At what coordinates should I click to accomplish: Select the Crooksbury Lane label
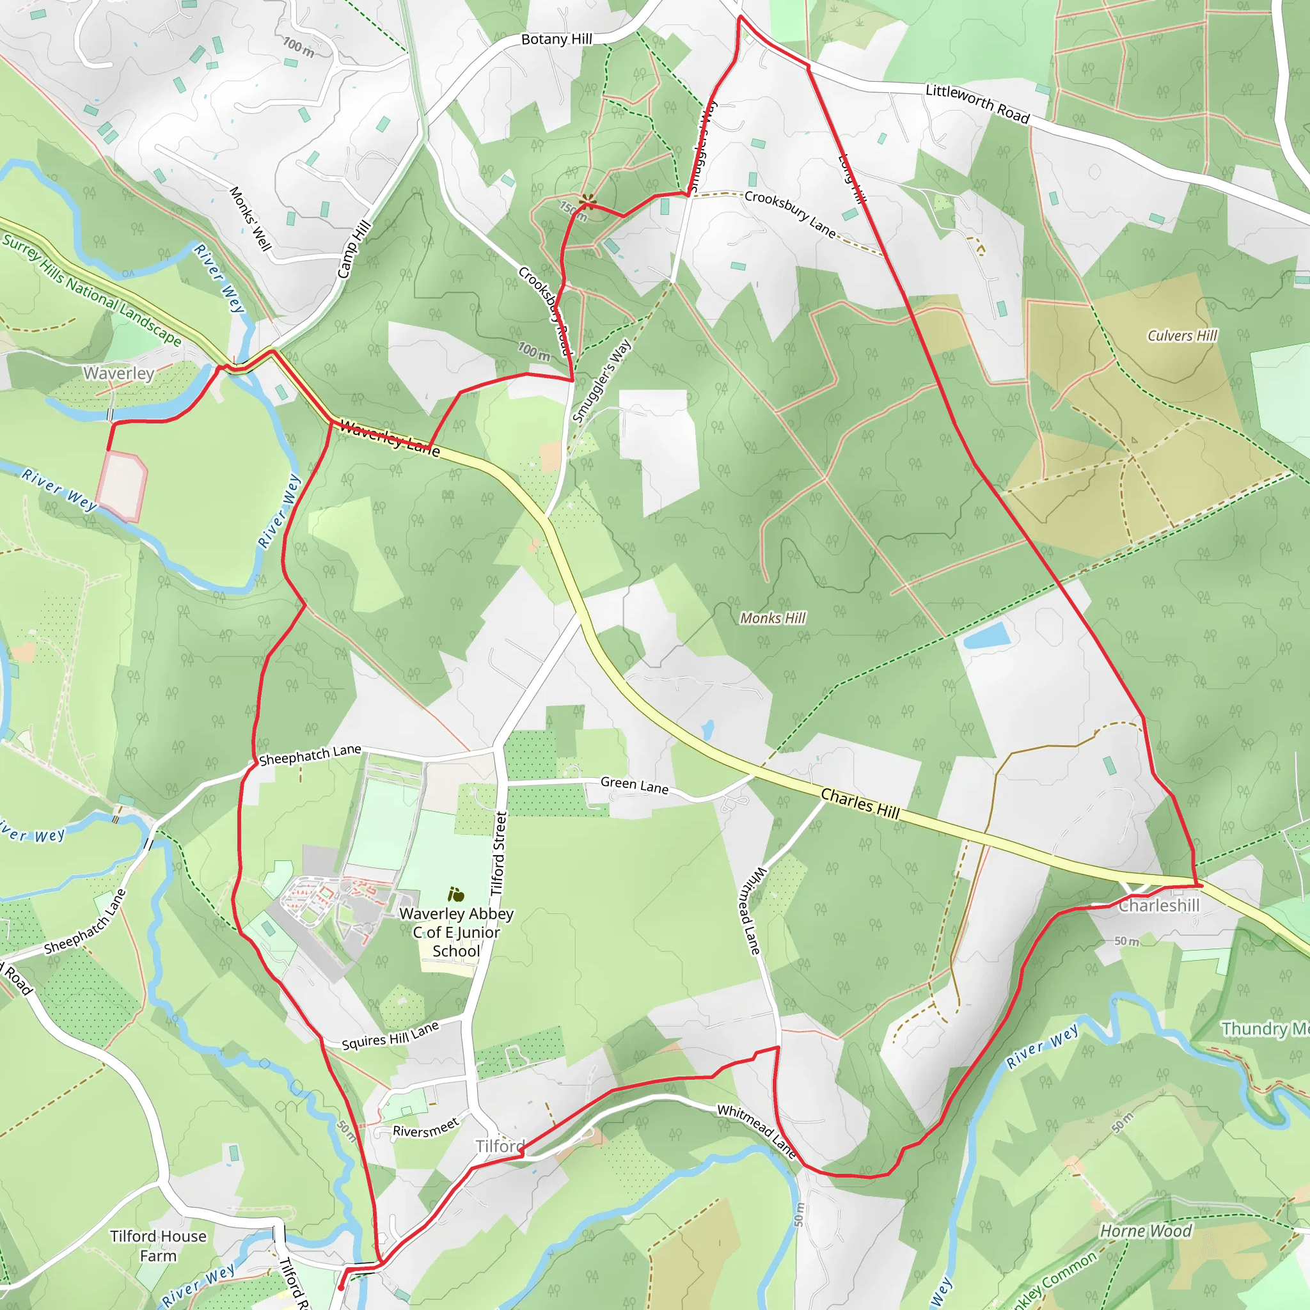tap(790, 214)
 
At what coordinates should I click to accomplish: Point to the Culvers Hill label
tap(1182, 336)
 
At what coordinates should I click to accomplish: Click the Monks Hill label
tap(772, 618)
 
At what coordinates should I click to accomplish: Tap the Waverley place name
tap(119, 373)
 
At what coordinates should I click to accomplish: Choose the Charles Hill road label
tap(860, 803)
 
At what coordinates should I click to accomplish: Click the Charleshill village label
tap(1159, 906)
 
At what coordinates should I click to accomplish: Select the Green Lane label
tap(634, 786)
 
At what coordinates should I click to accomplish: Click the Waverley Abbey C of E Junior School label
tap(456, 933)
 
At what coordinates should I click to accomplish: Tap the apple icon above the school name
tap(455, 895)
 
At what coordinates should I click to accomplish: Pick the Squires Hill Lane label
tap(390, 1036)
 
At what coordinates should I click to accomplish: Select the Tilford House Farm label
tap(158, 1246)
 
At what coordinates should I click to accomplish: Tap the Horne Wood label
tap(1145, 1231)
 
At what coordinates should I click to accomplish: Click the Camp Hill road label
tap(354, 249)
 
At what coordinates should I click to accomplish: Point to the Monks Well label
tap(250, 218)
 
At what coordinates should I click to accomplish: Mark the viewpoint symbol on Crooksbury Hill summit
tap(588, 201)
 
